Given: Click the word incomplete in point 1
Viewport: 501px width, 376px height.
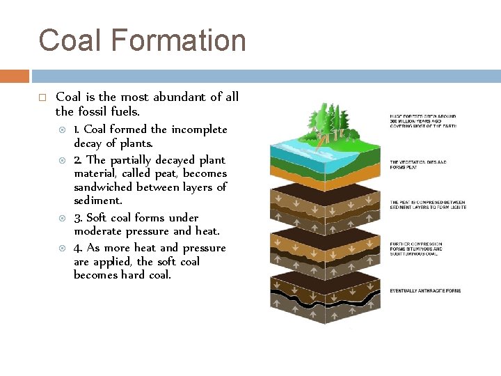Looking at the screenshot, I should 199,129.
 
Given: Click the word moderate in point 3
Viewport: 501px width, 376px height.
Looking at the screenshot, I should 99,231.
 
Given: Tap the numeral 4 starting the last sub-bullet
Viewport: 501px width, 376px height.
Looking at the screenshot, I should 78,248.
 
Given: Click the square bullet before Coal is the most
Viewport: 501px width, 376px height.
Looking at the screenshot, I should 42,97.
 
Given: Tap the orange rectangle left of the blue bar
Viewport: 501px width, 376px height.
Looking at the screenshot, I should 14,76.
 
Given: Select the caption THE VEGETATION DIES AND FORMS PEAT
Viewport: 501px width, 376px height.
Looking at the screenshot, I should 417,164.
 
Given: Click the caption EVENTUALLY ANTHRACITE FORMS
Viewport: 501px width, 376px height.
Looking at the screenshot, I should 425,290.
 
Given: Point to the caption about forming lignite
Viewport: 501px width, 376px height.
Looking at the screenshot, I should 427,205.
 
